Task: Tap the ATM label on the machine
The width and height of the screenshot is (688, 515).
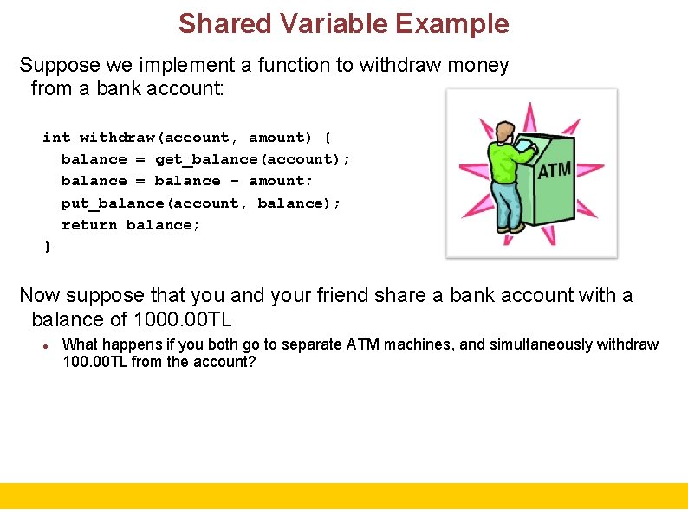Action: click(555, 170)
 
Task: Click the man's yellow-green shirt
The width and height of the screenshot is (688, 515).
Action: click(503, 160)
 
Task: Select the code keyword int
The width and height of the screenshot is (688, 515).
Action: click(56, 137)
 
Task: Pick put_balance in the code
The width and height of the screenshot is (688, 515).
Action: click(113, 203)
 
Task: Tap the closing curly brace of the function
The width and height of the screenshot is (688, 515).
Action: click(47, 248)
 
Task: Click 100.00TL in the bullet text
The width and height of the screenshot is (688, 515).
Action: click(95, 362)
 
